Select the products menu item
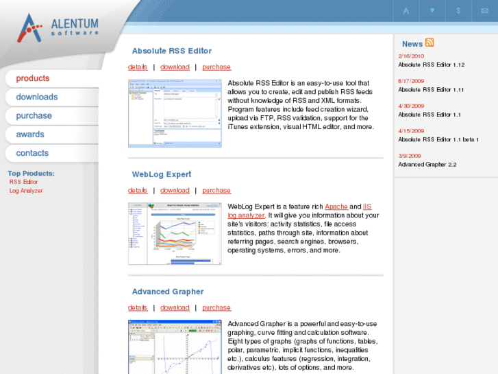pyautogui.click(x=33, y=78)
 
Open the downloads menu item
pyautogui.click(x=37, y=97)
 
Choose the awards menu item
pyautogui.click(x=30, y=135)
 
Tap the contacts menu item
pyautogui.click(x=32, y=153)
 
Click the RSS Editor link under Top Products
pyautogui.click(x=24, y=182)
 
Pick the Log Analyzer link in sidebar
pyautogui.click(x=26, y=191)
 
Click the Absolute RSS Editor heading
pyautogui.click(x=172, y=51)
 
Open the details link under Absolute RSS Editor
pyautogui.click(x=138, y=67)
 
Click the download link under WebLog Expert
pyautogui.click(x=175, y=191)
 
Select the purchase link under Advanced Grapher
pyautogui.click(x=216, y=308)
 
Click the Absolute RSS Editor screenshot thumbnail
pyautogui.click(x=175, y=113)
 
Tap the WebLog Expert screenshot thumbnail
pyautogui.click(x=175, y=233)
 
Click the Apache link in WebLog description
pyautogui.click(x=336, y=207)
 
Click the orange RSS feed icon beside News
pyautogui.click(x=429, y=43)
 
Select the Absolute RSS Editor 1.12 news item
pyautogui.click(x=432, y=65)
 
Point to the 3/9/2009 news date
pyautogui.click(x=409, y=156)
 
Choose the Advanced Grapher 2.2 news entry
pyautogui.click(x=427, y=165)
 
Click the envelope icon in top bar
pyautogui.click(x=485, y=10)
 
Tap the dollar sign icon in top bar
pyautogui.click(x=458, y=10)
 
